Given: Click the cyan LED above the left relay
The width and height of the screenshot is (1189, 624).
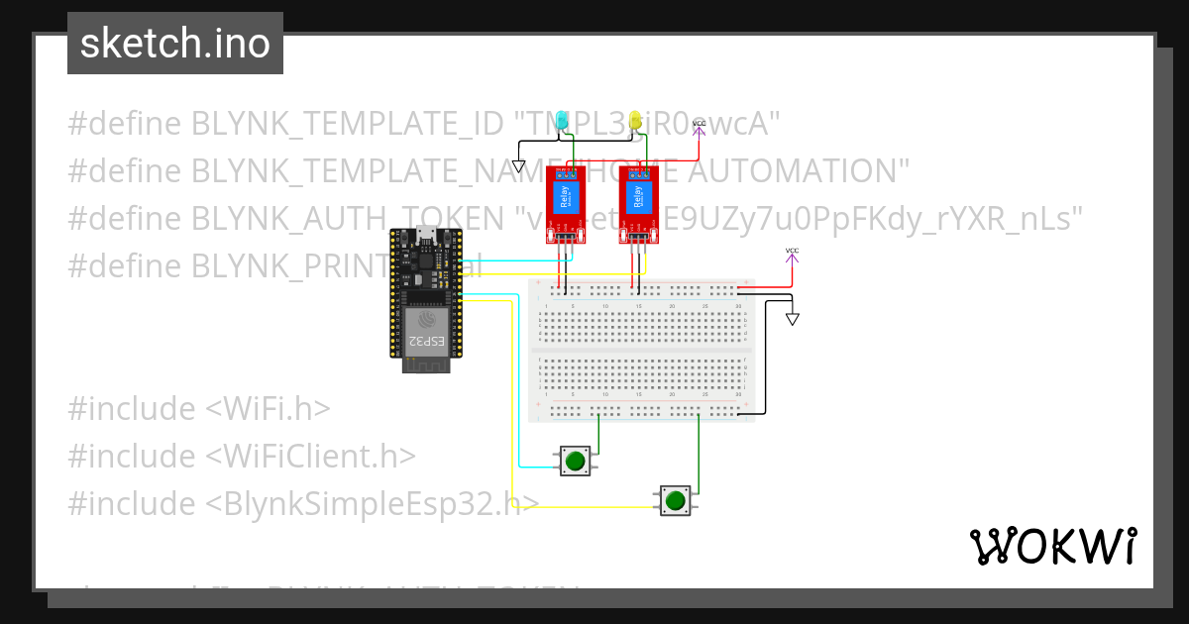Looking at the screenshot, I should (x=562, y=122).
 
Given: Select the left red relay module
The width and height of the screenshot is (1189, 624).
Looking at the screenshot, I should (x=566, y=204).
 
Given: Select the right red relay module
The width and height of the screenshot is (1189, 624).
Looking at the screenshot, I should (x=639, y=204).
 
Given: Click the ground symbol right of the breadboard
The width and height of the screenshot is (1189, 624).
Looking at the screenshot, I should (x=792, y=319).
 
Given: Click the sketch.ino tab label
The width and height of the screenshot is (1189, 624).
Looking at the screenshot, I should (x=175, y=44).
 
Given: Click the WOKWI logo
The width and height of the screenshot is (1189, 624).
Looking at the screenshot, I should (x=1052, y=546).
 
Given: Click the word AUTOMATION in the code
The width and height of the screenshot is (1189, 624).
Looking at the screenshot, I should (x=793, y=171).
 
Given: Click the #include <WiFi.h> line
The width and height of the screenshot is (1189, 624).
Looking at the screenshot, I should (x=199, y=408).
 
